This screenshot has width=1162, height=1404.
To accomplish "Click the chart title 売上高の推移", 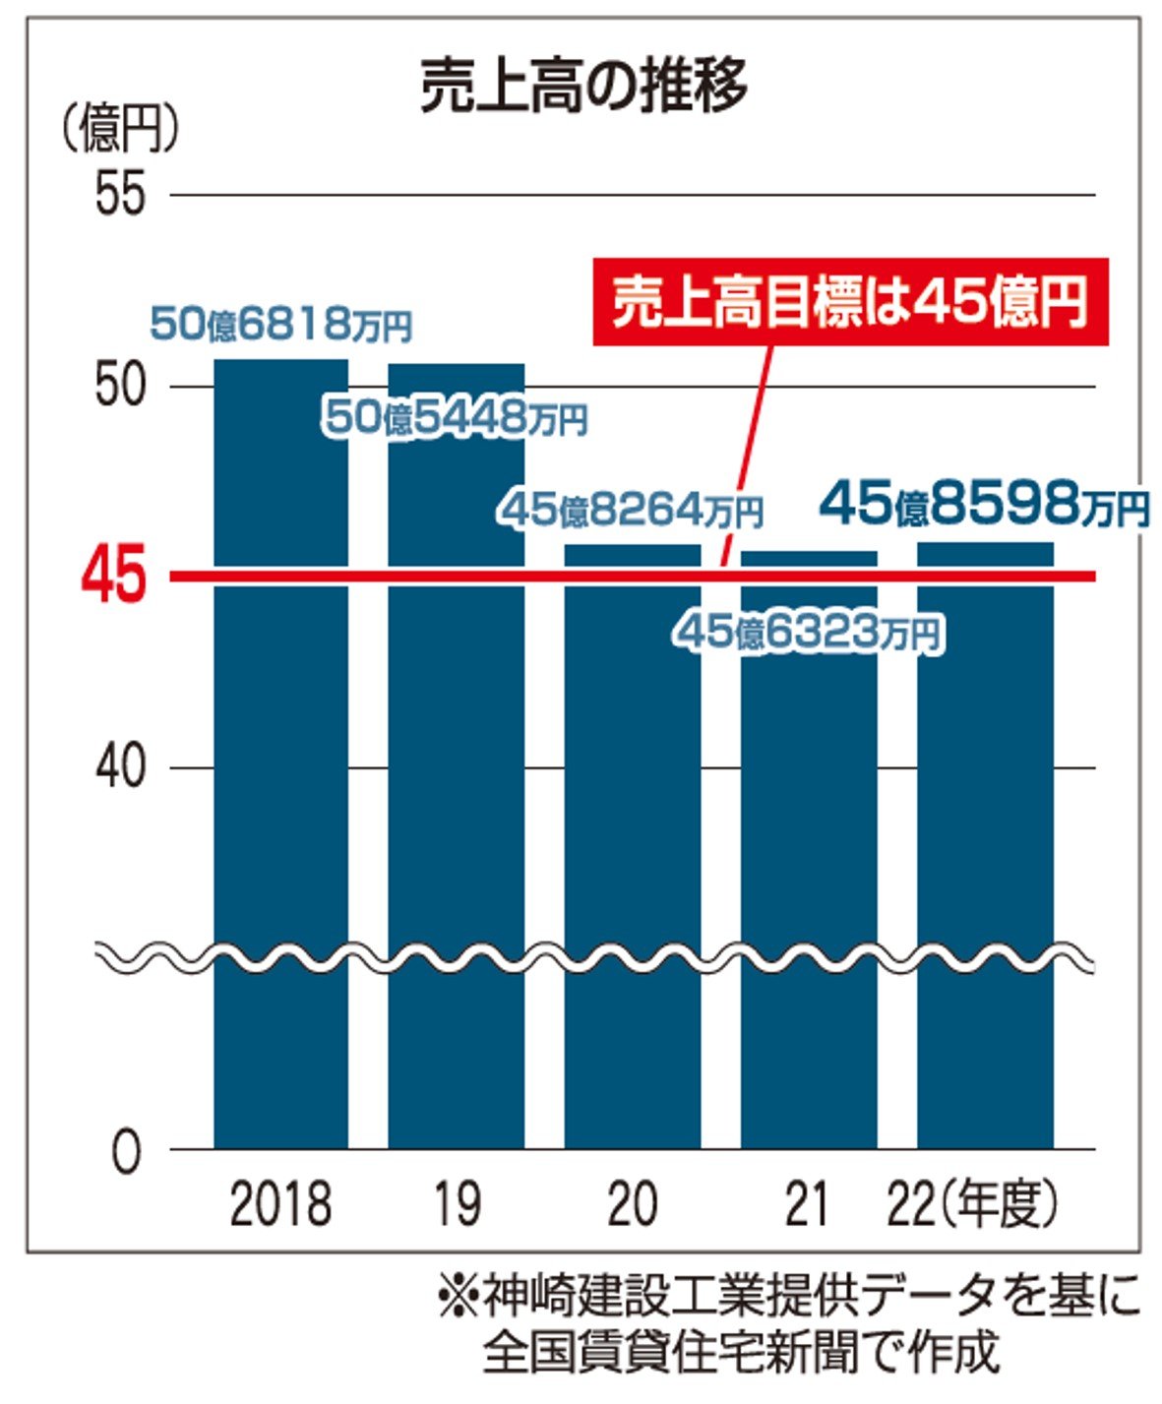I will tap(582, 87).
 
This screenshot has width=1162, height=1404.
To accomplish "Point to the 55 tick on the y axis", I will tap(120, 195).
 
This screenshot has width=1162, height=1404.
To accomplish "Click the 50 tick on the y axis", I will tap(120, 386).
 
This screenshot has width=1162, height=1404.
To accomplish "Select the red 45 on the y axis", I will tap(114, 576).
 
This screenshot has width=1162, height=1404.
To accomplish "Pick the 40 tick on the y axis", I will tap(120, 767).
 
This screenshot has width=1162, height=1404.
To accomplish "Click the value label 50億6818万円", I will tap(280, 324).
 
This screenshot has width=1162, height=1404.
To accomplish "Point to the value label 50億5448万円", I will tap(456, 418).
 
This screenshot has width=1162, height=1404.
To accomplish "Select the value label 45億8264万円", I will tap(632, 510).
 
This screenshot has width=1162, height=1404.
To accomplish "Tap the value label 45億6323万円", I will tap(809, 633).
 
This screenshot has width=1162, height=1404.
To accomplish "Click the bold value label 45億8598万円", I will tap(984, 505).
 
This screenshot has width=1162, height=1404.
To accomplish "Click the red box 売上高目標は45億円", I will tap(850, 302).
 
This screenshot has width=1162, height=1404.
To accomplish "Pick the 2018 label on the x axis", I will tap(281, 1204).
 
